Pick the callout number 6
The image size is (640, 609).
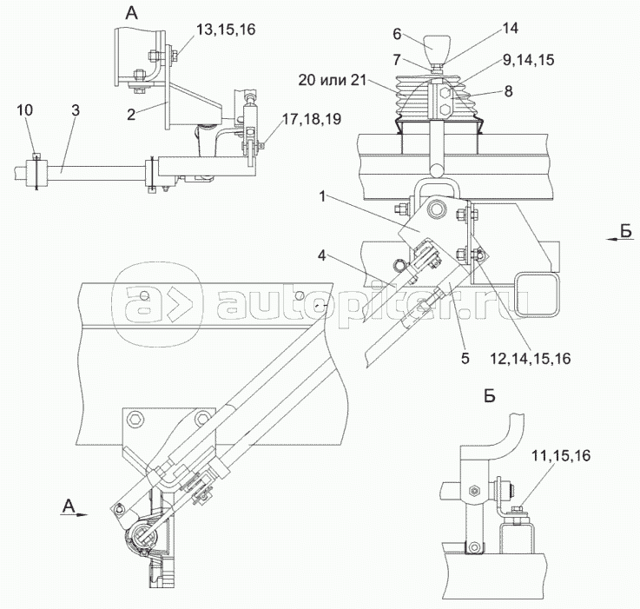coord(396,35)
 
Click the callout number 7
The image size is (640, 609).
coord(396,60)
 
